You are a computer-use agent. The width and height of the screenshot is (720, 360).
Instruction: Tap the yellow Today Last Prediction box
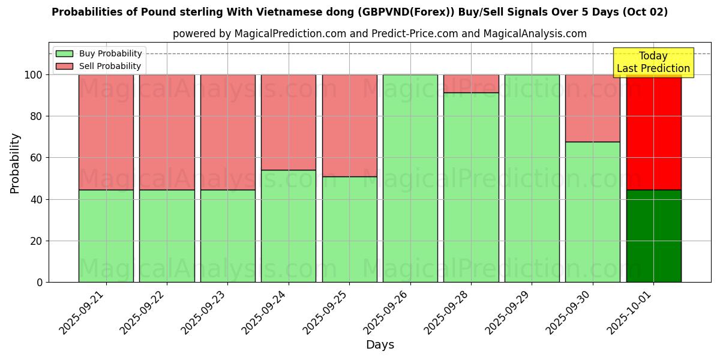click(653, 62)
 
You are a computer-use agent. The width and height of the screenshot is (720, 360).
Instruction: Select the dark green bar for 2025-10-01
click(653, 236)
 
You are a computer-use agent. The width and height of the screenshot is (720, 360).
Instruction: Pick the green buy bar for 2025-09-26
click(410, 178)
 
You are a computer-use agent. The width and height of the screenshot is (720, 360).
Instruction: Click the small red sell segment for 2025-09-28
click(471, 83)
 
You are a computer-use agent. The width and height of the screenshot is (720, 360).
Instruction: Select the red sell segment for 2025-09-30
click(592, 108)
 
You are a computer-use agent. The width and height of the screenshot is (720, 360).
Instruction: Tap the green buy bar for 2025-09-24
click(289, 226)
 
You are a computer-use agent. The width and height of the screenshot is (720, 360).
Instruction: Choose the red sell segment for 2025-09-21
click(106, 132)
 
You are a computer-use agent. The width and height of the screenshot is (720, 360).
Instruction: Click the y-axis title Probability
click(15, 163)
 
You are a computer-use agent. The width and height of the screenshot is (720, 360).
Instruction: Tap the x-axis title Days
click(380, 345)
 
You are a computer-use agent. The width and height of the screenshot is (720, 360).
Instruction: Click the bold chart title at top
click(359, 12)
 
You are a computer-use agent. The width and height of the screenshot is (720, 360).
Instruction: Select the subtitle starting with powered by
click(379, 34)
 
